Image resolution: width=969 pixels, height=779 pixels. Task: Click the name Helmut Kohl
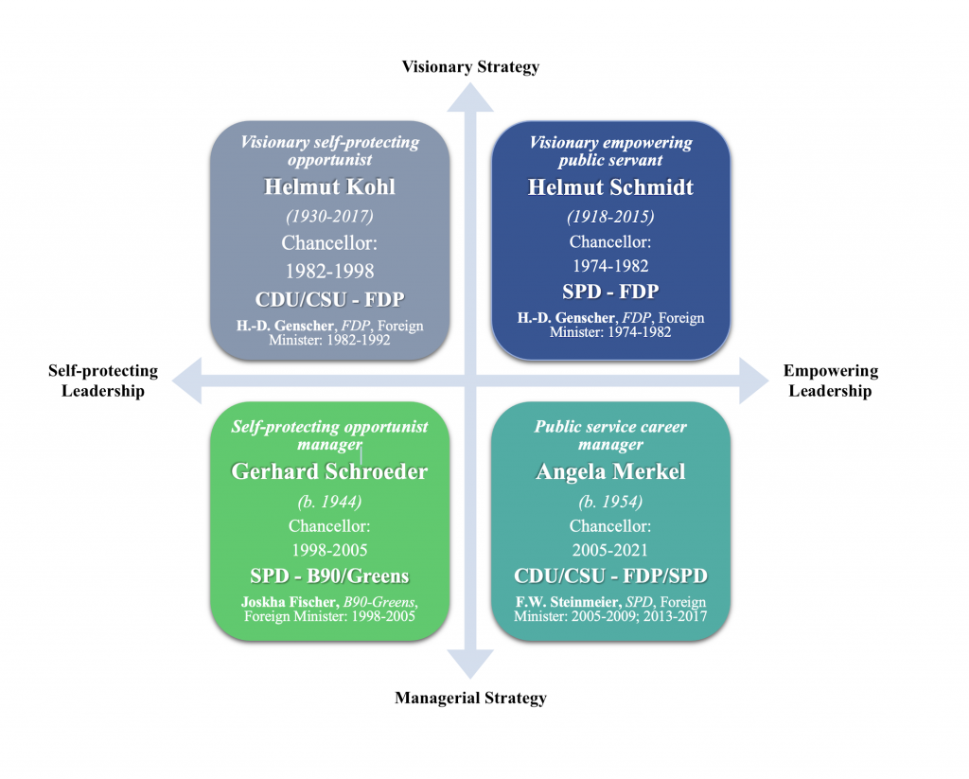pos(329,187)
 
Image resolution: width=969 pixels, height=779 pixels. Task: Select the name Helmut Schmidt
pos(610,187)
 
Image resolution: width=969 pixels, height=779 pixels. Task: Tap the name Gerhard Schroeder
pos(329,471)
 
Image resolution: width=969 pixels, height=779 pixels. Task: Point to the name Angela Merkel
pos(610,471)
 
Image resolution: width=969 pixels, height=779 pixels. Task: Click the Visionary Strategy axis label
pos(470,66)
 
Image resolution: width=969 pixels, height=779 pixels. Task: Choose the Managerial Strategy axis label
pos(470,699)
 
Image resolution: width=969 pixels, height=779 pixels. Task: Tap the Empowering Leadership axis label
pos(831,381)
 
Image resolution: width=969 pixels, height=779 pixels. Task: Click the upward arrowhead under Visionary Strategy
pos(470,96)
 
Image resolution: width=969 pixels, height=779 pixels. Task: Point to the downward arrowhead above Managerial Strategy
pos(470,664)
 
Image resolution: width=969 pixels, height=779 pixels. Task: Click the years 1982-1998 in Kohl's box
pos(329,272)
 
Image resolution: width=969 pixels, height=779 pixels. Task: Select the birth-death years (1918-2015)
pos(610,217)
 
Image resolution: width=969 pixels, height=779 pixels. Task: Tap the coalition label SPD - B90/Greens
pos(329,576)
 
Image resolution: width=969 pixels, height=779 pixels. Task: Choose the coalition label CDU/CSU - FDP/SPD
pos(610,576)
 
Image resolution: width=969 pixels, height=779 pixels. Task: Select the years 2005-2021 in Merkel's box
pos(610,550)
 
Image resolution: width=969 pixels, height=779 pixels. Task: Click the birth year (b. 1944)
pos(329,501)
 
